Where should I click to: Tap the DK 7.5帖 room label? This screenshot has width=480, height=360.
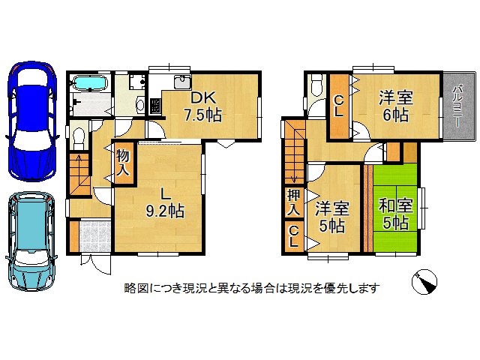pos(202,106)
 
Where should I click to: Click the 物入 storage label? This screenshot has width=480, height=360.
pos(123,163)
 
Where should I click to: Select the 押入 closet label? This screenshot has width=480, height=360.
pos(293,201)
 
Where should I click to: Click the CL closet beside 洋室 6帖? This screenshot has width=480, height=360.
pos(339,105)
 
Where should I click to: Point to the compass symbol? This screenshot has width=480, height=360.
pos(425,283)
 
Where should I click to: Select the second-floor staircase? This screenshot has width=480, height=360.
pos(294,150)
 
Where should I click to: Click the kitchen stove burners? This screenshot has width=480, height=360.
pos(157,106)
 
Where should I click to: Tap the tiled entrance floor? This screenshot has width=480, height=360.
pos(94,236)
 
